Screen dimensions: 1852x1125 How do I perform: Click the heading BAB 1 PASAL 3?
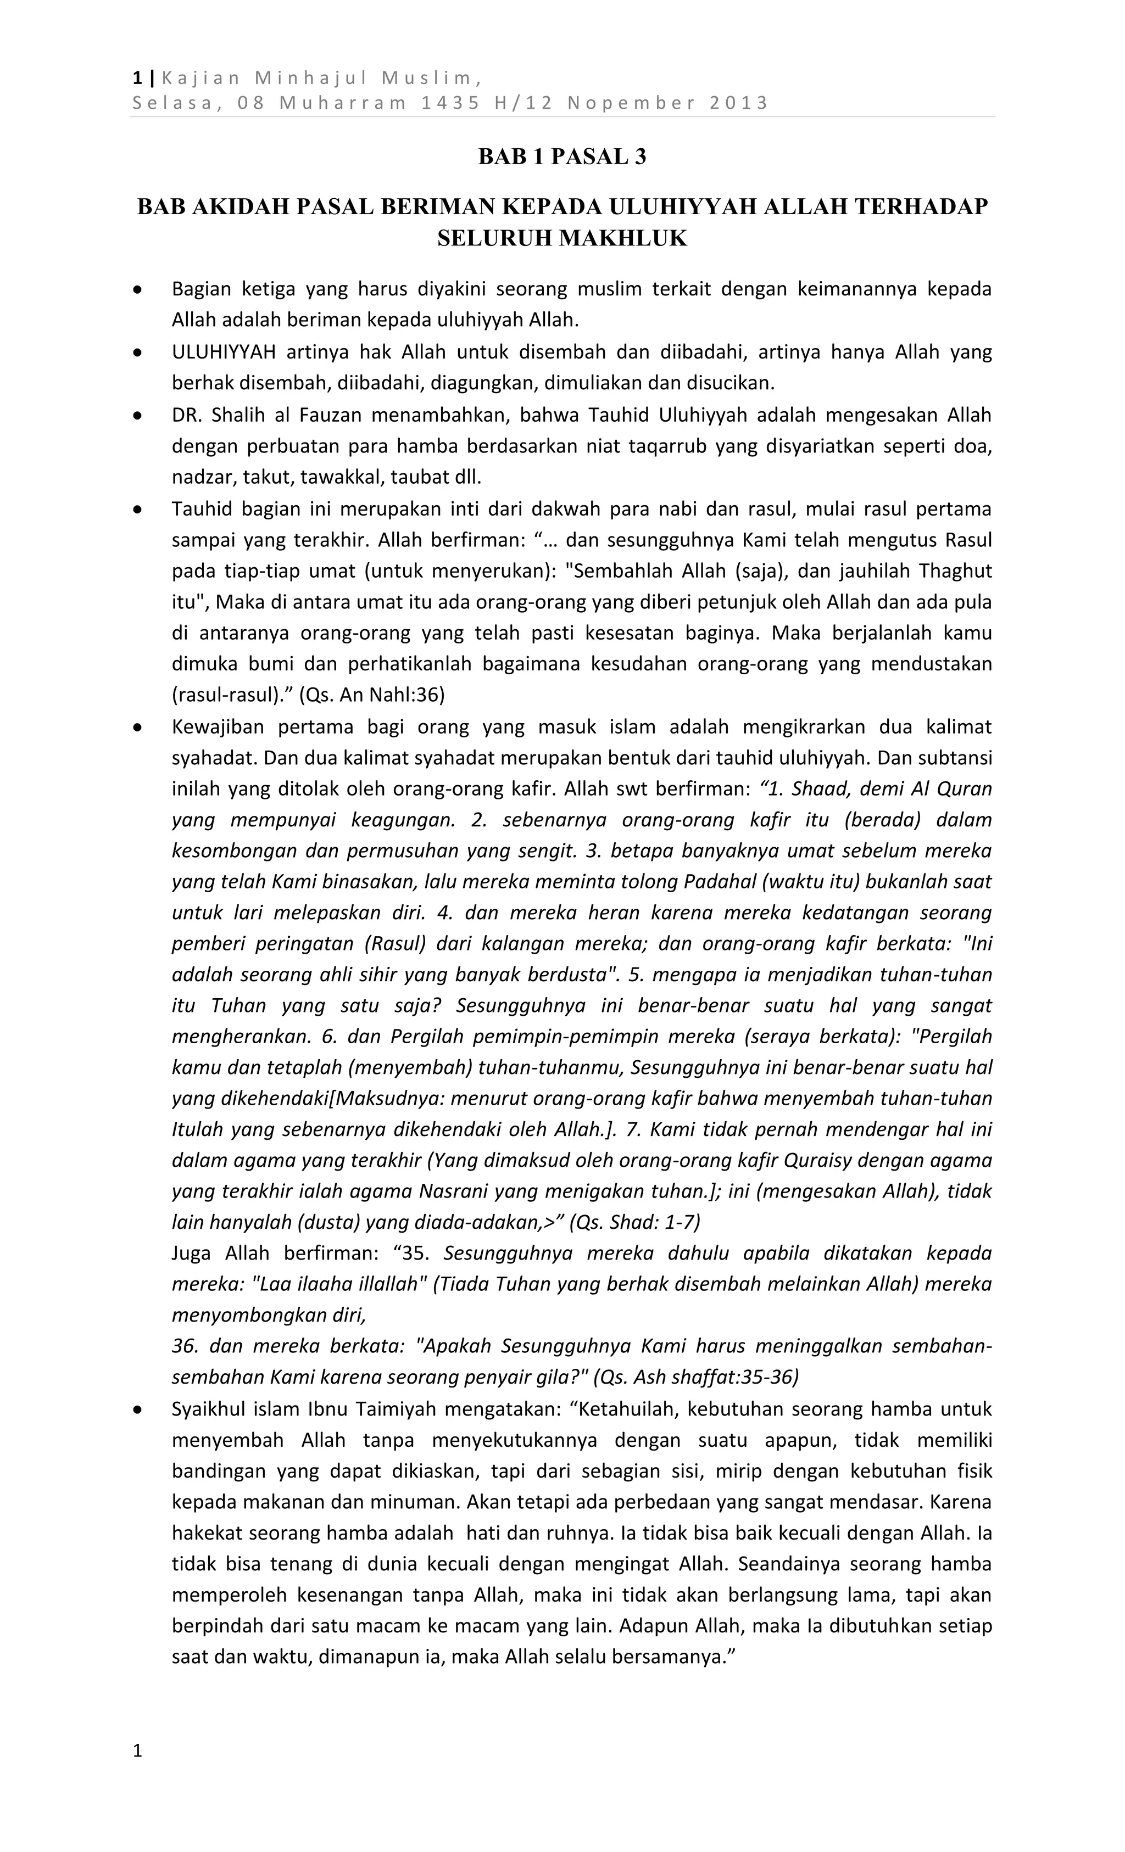(562, 157)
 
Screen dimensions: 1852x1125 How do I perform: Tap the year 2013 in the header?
(738, 103)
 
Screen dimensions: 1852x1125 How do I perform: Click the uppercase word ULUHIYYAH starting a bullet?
(224, 352)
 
